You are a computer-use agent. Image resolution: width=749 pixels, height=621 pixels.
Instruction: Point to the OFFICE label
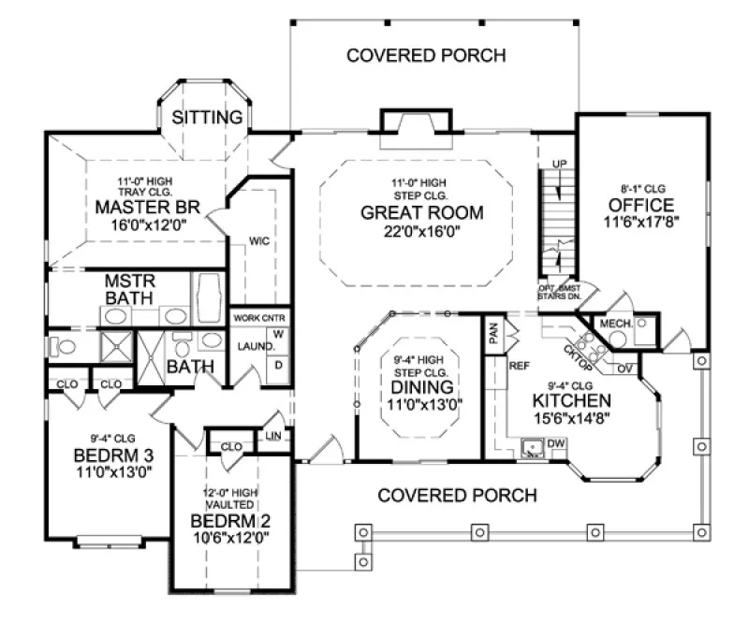click(x=640, y=205)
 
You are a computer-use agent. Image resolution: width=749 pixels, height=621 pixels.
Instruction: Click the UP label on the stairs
click(x=561, y=166)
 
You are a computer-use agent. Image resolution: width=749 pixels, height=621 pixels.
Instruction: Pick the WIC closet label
click(x=259, y=240)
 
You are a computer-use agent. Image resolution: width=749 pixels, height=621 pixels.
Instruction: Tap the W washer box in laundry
click(x=279, y=334)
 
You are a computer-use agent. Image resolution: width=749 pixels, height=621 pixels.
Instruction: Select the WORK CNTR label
click(x=258, y=318)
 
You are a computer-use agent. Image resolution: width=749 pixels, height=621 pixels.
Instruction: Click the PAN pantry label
click(x=492, y=330)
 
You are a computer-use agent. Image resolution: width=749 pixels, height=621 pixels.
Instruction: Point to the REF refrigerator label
click(x=520, y=366)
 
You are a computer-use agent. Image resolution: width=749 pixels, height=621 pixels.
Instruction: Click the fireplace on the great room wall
click(x=418, y=123)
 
